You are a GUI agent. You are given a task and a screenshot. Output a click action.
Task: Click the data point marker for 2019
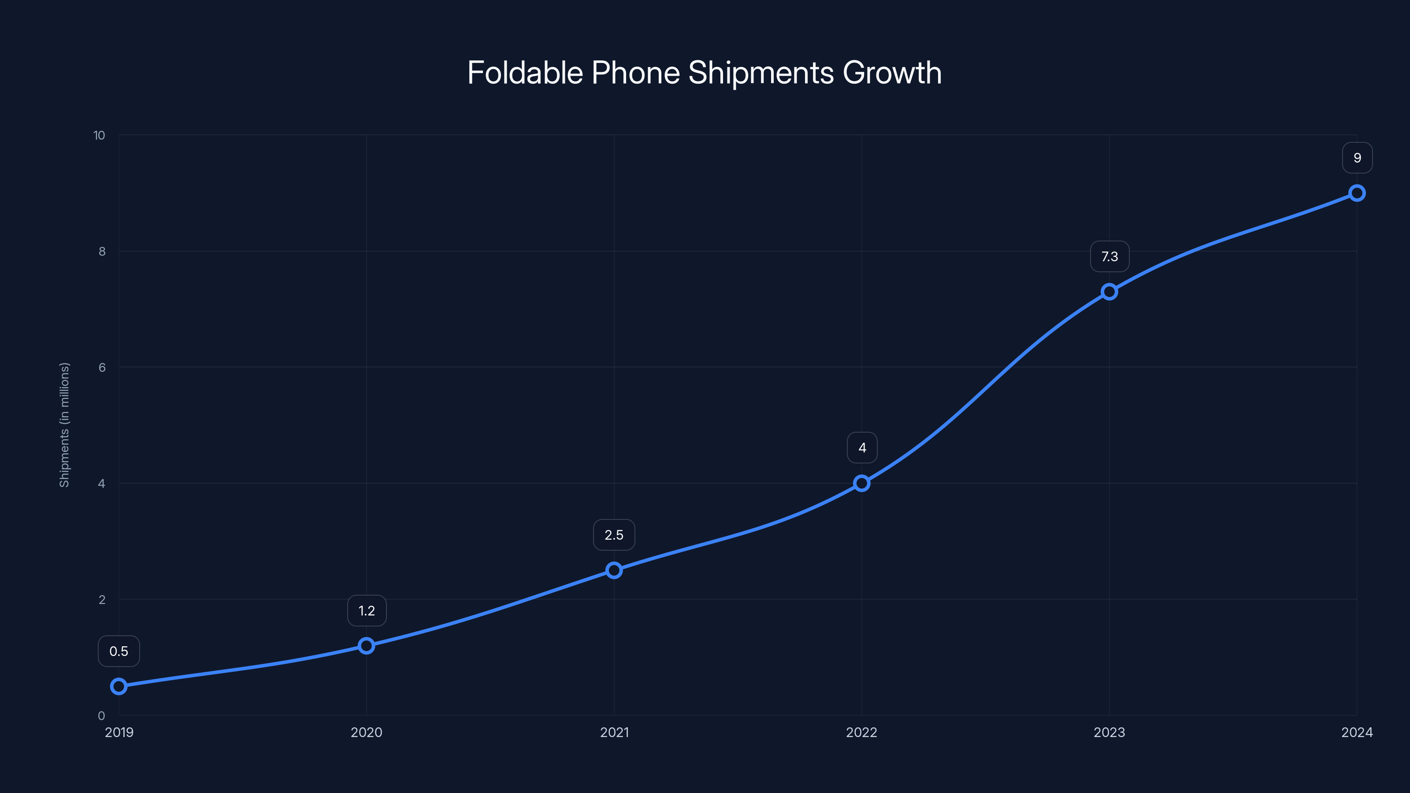[x=119, y=686]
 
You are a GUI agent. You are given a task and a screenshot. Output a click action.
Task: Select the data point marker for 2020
[x=366, y=646]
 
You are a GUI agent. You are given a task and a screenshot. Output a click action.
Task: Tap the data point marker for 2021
[x=614, y=570]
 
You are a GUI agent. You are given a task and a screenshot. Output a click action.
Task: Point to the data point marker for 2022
[x=861, y=483]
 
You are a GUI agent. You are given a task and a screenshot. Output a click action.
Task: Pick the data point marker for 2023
[x=1109, y=292]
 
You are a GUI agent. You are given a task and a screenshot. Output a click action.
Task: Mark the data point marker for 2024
[x=1357, y=193]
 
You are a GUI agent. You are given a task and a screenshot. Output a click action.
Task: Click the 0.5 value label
[x=119, y=651]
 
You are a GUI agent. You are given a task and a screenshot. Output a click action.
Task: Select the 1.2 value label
[x=367, y=611]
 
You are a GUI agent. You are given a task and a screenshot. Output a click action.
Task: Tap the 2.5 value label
[x=614, y=535]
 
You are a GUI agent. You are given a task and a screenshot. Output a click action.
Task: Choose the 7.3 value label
[x=1109, y=256]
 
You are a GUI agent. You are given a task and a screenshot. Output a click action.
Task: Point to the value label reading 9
[x=1358, y=158]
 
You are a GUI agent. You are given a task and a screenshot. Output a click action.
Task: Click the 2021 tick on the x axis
[x=614, y=732]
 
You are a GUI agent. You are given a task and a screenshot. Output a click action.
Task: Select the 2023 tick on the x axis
[x=1109, y=732]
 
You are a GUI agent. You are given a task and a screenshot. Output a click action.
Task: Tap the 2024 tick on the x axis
[x=1357, y=732]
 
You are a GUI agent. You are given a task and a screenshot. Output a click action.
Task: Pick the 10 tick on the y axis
[x=99, y=135]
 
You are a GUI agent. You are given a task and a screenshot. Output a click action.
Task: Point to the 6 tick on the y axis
[x=102, y=367]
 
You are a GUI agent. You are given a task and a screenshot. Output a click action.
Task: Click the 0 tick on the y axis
[x=101, y=715]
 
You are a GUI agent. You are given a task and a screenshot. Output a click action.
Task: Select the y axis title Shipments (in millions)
[x=65, y=425]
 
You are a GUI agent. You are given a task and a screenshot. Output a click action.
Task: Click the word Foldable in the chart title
[x=526, y=72]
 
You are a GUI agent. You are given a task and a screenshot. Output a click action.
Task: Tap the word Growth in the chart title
[x=892, y=72]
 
